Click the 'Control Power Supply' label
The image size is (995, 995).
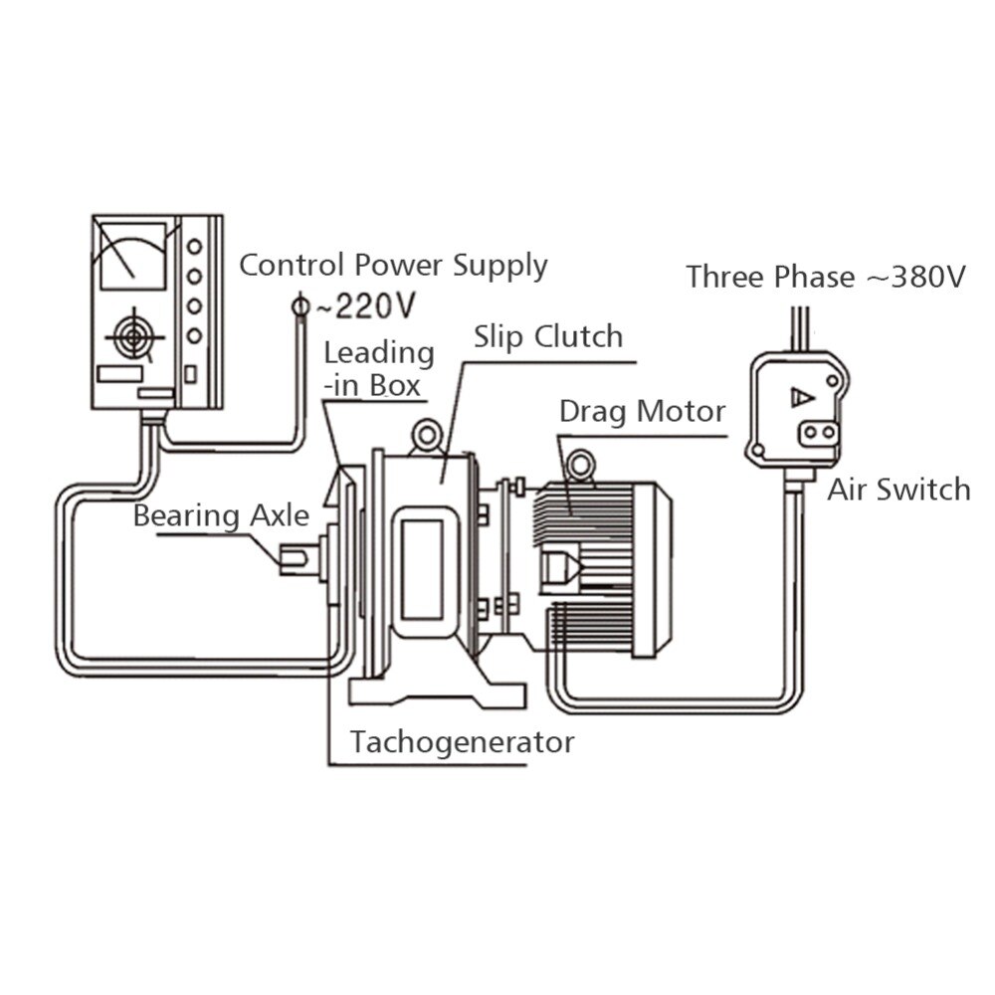click(394, 266)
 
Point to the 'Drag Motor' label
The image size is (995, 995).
click(642, 410)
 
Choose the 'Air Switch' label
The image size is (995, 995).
click(898, 489)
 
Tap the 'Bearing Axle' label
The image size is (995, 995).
click(222, 515)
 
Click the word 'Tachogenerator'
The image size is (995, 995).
click(462, 741)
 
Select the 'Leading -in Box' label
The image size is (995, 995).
click(379, 368)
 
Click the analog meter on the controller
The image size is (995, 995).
click(128, 255)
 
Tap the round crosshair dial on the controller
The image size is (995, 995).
click(132, 337)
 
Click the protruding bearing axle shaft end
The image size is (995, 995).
click(296, 559)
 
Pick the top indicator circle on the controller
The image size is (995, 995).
click(195, 245)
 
